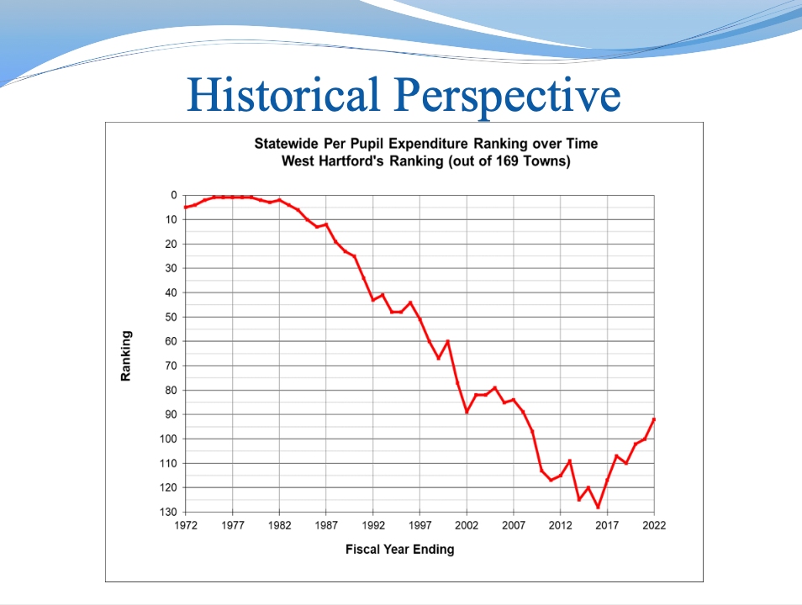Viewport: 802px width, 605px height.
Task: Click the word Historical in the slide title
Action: pyautogui.click(x=282, y=95)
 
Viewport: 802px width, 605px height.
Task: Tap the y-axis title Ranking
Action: pyautogui.click(x=126, y=356)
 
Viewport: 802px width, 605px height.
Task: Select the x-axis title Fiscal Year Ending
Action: pyautogui.click(x=400, y=550)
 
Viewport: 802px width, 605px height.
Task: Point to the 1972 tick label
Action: pyautogui.click(x=186, y=525)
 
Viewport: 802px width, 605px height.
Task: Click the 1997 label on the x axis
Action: pyautogui.click(x=420, y=525)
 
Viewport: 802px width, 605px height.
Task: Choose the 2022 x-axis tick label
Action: pyautogui.click(x=654, y=525)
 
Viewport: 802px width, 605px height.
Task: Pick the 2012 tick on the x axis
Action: pyautogui.click(x=560, y=525)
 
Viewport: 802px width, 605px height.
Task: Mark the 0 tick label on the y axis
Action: pyautogui.click(x=174, y=195)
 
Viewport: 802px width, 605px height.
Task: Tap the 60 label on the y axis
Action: pyautogui.click(x=171, y=341)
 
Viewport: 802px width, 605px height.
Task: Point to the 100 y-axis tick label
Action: pyautogui.click(x=168, y=439)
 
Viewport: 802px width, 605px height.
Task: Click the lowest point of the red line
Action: pyautogui.click(x=598, y=507)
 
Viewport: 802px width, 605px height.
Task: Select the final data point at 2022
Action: pyautogui.click(x=654, y=419)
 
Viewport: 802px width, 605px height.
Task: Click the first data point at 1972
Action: pyautogui.click(x=186, y=207)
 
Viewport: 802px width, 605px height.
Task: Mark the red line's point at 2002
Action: pyautogui.click(x=467, y=412)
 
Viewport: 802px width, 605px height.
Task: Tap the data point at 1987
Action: pyautogui.click(x=326, y=224)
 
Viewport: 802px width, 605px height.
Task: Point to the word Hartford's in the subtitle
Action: pyautogui.click(x=351, y=161)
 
